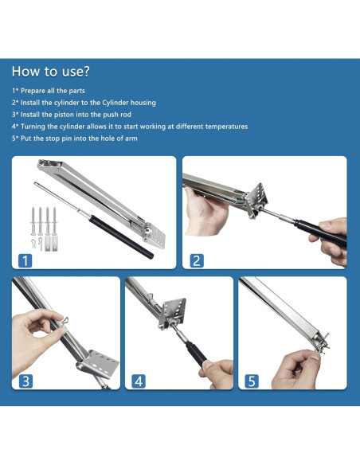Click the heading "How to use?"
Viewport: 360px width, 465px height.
50,72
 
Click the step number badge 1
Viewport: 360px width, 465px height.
25,260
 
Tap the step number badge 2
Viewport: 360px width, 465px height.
197,260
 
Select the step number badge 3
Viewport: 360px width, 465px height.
25,381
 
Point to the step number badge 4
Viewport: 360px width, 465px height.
139,381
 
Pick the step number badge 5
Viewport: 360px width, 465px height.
252,381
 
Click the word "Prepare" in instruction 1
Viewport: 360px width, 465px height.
33,91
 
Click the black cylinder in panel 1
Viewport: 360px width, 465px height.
121,236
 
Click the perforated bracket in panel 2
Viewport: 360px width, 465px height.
256,199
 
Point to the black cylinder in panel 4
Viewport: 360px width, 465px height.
196,354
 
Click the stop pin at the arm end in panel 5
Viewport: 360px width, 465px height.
323,344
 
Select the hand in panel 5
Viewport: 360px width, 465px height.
296,369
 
